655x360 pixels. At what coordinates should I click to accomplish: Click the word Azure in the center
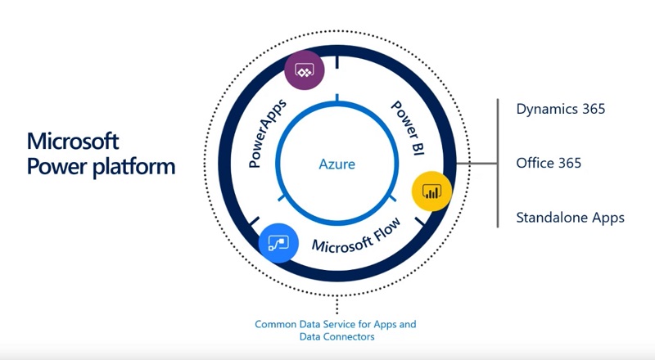tap(337, 164)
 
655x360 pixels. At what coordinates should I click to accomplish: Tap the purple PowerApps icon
tap(305, 71)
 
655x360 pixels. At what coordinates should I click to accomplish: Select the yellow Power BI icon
tap(431, 191)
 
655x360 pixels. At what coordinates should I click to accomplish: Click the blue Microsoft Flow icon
tap(278, 243)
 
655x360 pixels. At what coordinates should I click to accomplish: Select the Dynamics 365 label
tap(561, 108)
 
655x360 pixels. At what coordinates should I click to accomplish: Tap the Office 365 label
tap(549, 163)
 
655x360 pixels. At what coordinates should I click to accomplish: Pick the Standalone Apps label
tap(570, 218)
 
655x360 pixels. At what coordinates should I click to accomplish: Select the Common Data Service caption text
tap(335, 325)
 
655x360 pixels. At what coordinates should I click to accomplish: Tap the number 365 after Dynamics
tap(591, 108)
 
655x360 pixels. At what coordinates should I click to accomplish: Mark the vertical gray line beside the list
tap(498, 164)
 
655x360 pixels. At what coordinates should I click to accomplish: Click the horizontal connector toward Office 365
tap(477, 164)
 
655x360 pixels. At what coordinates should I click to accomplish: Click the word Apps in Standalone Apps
tap(608, 218)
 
